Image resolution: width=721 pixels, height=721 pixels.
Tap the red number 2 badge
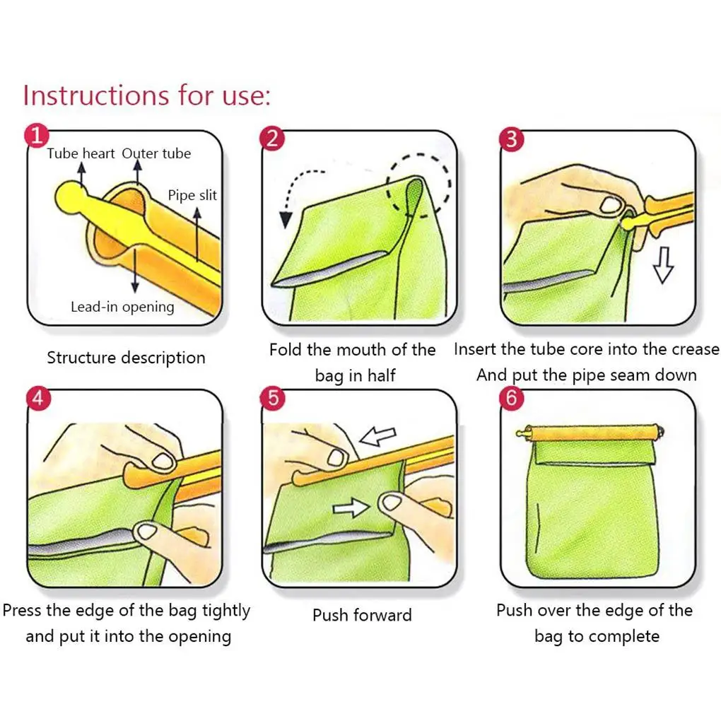(x=272, y=139)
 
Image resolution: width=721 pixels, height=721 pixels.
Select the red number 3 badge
(x=512, y=139)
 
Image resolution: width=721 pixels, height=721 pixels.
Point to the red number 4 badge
(x=38, y=398)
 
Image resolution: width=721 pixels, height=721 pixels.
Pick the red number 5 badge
(x=273, y=398)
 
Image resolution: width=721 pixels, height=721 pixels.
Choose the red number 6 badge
(x=512, y=398)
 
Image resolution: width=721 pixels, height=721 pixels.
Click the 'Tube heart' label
(x=81, y=153)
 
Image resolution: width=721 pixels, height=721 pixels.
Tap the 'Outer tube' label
(x=156, y=153)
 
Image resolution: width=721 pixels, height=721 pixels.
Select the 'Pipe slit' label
(x=192, y=195)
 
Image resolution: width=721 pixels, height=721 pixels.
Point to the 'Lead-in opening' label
(x=122, y=307)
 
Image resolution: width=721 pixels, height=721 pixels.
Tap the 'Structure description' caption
(x=126, y=358)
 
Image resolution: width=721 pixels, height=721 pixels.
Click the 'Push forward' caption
(x=362, y=615)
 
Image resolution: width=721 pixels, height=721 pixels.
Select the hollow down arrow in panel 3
(x=663, y=265)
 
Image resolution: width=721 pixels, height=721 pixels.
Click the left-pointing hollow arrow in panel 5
(x=378, y=436)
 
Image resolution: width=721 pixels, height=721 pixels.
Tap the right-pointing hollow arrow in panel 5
(x=351, y=508)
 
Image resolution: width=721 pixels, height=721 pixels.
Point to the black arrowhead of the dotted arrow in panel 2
(x=286, y=219)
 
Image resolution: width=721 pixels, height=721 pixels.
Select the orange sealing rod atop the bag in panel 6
(x=590, y=433)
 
